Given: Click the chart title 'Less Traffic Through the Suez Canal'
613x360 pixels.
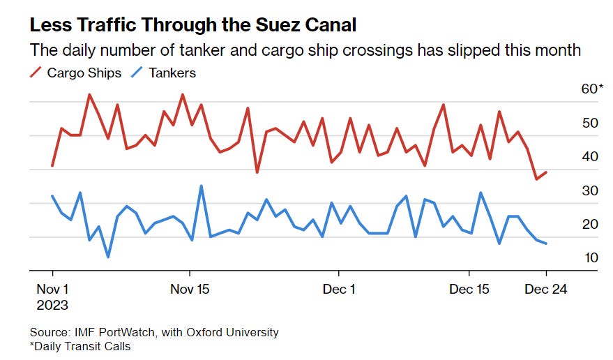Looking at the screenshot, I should point(192,26).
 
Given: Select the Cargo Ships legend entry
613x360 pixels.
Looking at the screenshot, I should point(76,73).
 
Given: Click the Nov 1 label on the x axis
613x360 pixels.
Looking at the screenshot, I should point(52,289).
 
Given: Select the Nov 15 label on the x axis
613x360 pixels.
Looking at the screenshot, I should point(190,289).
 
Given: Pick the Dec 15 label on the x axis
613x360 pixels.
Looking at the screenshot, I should point(469,289).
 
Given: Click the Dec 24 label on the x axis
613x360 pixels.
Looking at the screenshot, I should point(546,289).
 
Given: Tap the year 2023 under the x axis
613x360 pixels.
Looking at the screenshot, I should point(52,305).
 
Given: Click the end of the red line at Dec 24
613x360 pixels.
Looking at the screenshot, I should point(546,172).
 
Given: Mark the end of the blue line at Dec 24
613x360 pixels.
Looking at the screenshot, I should point(546,243).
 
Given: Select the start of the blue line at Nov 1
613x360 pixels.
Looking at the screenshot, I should point(52,196).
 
